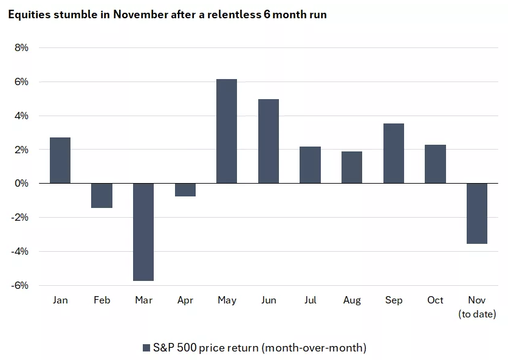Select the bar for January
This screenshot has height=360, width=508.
pos(60,161)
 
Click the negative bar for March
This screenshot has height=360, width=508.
pos(143,232)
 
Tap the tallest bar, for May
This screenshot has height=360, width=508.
pos(227,131)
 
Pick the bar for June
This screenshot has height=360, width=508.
pos(269,141)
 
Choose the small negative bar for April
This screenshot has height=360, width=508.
pos(185,190)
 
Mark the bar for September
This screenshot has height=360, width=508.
pos(394,153)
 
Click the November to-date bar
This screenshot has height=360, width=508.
pos(477,213)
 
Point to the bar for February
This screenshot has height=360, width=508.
pos(102,195)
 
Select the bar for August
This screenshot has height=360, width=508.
pos(352,167)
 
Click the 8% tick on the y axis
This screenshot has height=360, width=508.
pos(21,47)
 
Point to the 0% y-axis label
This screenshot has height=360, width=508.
pos(21,183)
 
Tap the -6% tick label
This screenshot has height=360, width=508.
pos(19,285)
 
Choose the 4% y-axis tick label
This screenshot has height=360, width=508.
pos(21,116)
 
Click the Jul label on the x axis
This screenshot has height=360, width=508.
pos(310,300)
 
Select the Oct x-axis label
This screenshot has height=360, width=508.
pos(435,300)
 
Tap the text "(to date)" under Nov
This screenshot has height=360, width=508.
pos(477,314)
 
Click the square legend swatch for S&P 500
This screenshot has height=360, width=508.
pos(146,348)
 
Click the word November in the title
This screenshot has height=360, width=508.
pos(135,14)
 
